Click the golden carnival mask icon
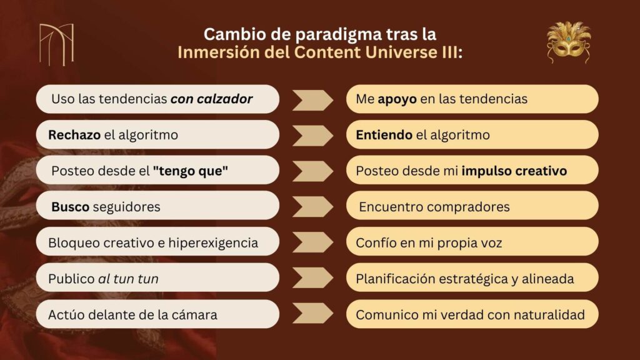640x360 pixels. tap(569, 42)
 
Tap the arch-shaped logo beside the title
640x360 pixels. tap(57, 44)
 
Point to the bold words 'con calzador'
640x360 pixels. tap(211, 99)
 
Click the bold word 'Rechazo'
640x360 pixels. tap(74, 135)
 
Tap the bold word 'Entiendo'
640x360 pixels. tap(384, 135)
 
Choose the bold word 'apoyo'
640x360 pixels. tap(397, 99)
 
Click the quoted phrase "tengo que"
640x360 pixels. tap(190, 171)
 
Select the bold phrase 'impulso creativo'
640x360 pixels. tap(514, 171)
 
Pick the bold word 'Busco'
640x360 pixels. tap(70, 206)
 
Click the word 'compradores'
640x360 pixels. tap(469, 207)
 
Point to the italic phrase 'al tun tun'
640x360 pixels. tap(128, 279)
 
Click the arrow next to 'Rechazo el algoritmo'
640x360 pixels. tap(312, 136)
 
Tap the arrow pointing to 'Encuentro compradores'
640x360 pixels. tap(312, 207)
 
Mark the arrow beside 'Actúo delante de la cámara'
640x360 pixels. tap(312, 314)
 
